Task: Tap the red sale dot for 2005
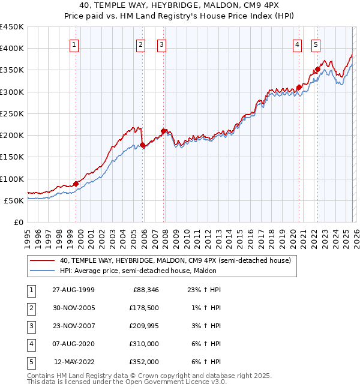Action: click(143, 145)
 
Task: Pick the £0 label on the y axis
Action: click(18, 222)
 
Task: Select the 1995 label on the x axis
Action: click(27, 238)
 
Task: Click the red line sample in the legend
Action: click(41, 260)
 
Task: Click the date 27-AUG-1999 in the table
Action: click(73, 290)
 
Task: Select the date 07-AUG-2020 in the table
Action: click(73, 344)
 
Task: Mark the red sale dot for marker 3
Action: click(163, 131)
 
